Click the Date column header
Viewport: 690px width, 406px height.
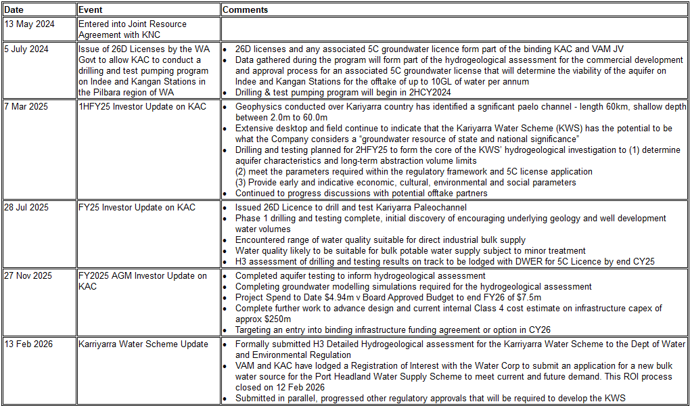[14, 10]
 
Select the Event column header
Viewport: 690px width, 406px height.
[90, 10]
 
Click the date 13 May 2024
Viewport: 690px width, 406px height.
[30, 24]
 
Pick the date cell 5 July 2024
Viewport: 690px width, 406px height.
[27, 49]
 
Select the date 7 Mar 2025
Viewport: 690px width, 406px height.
[27, 107]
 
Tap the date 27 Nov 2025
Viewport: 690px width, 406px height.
[28, 276]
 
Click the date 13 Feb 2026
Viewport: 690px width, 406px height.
[28, 344]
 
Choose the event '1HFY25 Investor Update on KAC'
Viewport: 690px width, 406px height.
[142, 107]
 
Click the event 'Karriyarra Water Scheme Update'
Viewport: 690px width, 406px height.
[143, 344]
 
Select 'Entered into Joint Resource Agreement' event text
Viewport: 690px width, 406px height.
[133, 29]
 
